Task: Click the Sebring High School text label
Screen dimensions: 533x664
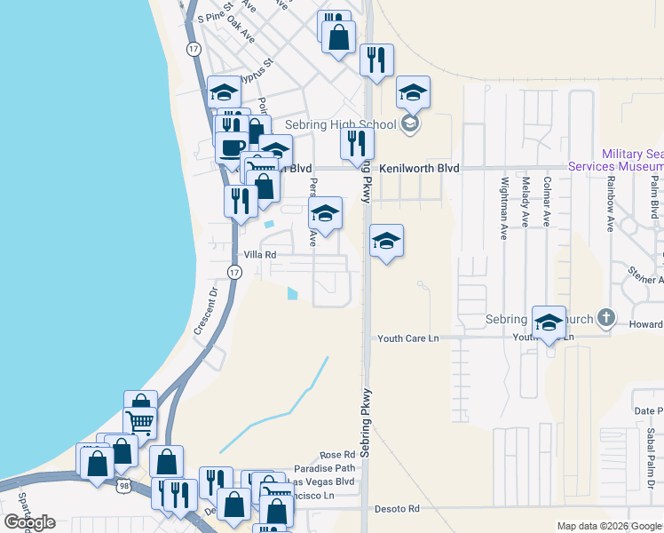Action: coord(341,125)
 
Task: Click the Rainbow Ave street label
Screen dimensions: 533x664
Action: coord(611,204)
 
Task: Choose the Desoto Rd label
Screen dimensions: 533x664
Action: coord(400,509)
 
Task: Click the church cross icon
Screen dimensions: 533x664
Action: coord(605,317)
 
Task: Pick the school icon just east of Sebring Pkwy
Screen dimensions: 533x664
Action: coord(386,240)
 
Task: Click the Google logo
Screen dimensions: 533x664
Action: coord(29,522)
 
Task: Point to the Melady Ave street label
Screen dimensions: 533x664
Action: coord(526,202)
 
